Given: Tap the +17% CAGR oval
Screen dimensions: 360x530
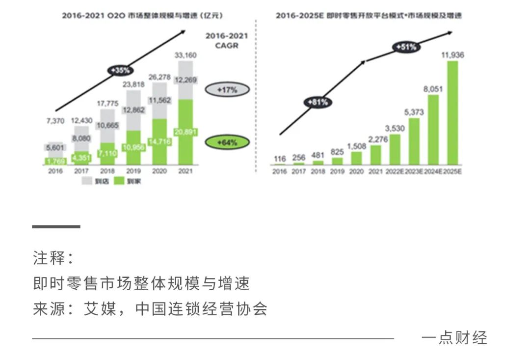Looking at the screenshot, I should tap(227, 90).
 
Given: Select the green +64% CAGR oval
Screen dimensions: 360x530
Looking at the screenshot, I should tap(227, 142).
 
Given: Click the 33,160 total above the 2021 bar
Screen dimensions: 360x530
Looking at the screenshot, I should tap(185, 55).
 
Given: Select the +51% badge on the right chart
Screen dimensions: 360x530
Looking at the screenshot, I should tap(405, 47).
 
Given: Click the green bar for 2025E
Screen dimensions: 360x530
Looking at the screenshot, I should tap(452, 112).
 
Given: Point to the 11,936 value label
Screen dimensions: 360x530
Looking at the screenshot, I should tap(452, 55).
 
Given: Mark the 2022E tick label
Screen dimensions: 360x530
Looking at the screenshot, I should tap(395, 172).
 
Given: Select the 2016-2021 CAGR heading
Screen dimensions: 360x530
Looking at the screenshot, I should tap(227, 41).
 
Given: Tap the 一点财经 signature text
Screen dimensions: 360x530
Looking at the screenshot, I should tap(454, 338).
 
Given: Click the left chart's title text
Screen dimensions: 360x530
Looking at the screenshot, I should tap(142, 16).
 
